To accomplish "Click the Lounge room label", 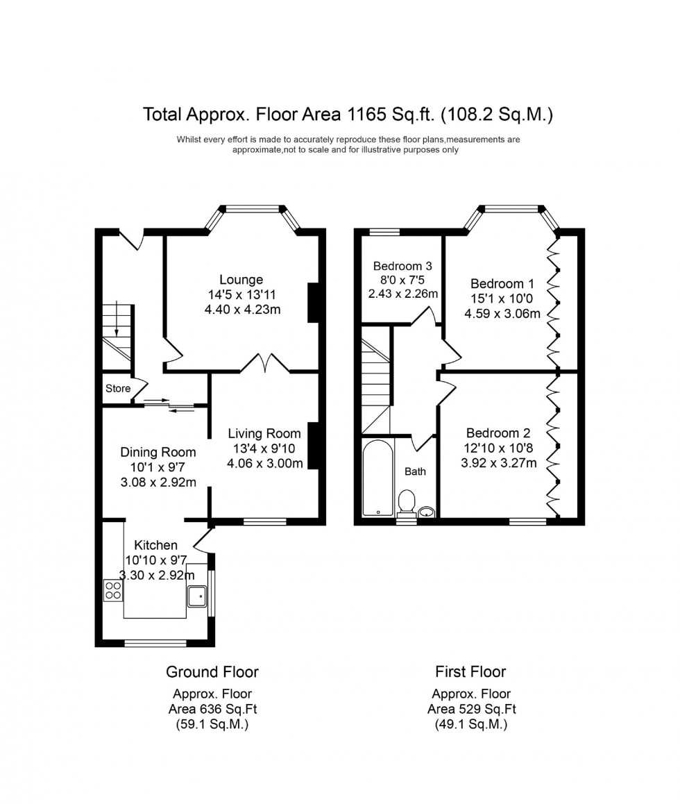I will point(241,280).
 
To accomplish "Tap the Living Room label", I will point(264,434).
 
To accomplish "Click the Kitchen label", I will point(155,545).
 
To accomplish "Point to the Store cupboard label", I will point(118,389).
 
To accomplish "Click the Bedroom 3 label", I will point(402,266).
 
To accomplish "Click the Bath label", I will point(415,471).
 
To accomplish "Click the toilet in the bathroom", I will point(407,501).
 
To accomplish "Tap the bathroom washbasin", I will point(427,512).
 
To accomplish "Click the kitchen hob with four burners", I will point(113,589).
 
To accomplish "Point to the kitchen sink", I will point(197,594).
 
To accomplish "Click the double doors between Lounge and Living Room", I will point(264,363).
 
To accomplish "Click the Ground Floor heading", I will point(212,671).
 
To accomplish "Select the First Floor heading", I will point(470,671).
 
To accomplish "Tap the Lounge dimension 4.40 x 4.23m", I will point(242,310).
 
